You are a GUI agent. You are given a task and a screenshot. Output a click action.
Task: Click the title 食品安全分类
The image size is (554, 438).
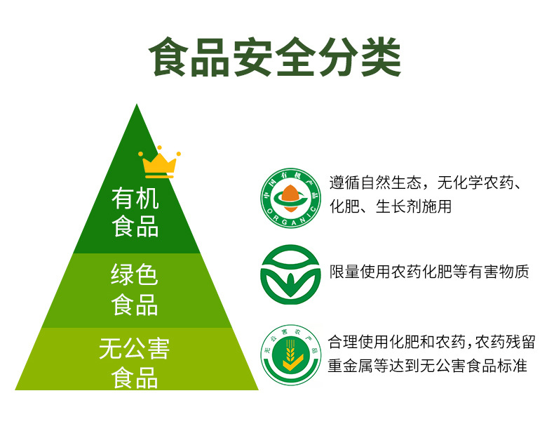275,57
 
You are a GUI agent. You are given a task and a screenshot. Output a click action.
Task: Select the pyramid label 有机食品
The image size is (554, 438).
135,212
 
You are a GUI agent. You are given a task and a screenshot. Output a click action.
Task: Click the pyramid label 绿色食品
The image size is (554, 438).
135,289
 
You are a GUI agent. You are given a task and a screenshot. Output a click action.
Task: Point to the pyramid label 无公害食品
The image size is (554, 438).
135,363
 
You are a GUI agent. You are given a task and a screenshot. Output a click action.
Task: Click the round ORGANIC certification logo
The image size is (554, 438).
291,198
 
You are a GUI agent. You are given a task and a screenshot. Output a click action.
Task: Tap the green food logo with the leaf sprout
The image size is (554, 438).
290,274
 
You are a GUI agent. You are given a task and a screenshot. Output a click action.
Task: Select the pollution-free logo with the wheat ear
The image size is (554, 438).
291,355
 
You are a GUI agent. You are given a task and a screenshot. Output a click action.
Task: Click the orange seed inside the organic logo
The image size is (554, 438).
290,198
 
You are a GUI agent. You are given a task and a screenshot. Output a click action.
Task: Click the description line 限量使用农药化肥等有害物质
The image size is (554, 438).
429,272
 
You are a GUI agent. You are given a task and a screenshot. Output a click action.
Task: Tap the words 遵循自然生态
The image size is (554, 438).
376,182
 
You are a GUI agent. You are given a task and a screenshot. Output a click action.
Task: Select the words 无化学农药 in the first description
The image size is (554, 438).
475,182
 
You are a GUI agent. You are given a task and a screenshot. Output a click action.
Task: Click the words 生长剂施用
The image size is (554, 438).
413,206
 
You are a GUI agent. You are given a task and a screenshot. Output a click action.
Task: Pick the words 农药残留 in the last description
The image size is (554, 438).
504,342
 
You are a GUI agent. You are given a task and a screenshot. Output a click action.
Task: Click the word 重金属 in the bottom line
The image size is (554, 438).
351,366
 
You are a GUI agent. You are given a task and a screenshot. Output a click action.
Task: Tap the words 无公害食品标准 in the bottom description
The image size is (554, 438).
473,366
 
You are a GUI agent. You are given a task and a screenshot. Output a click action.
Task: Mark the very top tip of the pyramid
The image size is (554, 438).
137,104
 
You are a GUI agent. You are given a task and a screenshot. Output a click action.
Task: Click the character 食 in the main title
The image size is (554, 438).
168,57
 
